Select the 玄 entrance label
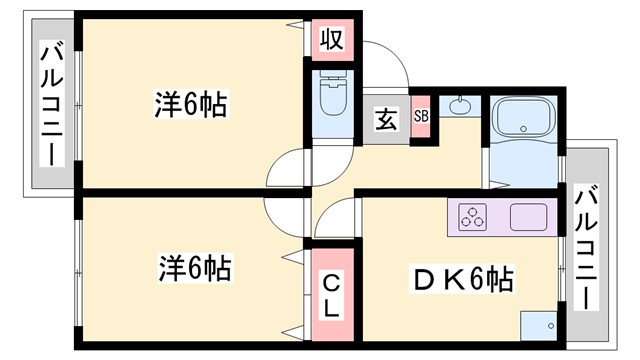384,119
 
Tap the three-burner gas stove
472,217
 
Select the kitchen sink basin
528,217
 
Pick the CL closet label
329,295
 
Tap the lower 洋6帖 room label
195,267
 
